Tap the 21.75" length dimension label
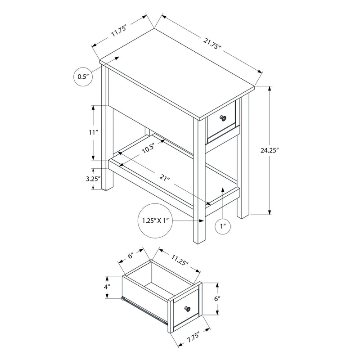pos(211,44)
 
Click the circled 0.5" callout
pos(82,76)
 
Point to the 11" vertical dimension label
pos(93,132)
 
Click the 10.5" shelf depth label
pos(147,148)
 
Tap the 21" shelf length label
pos(165,179)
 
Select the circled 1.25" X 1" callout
pos(154,220)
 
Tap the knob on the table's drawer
pos(222,118)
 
